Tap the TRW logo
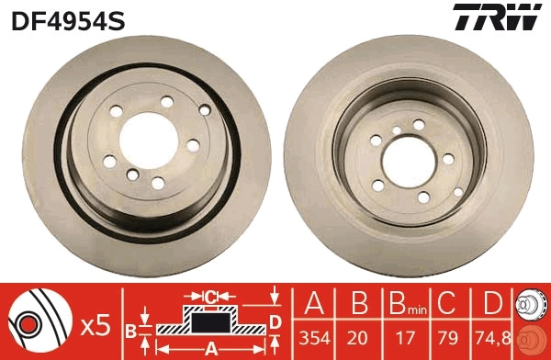click(495, 18)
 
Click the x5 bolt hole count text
click(96, 323)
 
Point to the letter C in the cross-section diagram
click(210, 296)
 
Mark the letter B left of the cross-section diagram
click(131, 329)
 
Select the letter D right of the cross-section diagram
click(275, 320)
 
